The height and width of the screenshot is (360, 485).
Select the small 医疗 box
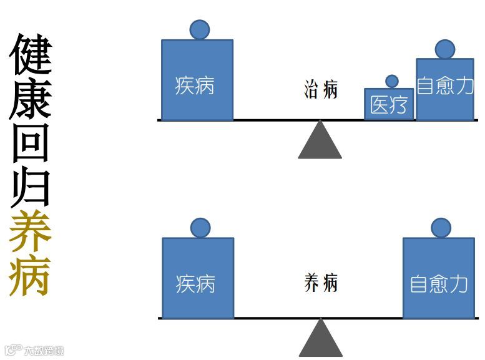389,104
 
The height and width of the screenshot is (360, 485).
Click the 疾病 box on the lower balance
198,278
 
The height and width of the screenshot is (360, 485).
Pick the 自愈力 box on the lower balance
438,278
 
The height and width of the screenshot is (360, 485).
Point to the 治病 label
321,89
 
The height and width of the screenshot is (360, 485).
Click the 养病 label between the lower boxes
321,283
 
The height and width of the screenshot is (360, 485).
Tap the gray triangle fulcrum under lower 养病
320,341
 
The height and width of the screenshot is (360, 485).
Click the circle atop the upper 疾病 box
200,29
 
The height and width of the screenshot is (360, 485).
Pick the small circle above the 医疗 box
392,81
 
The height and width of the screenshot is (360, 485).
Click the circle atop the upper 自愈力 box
445,49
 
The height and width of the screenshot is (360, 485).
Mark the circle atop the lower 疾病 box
200,228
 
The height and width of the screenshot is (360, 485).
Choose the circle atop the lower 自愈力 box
441,228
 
